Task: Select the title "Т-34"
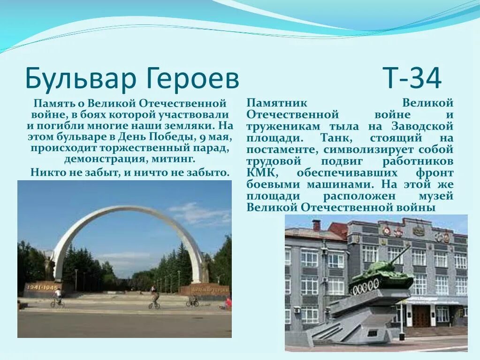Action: tap(412, 79)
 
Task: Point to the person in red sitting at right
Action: tap(228, 303)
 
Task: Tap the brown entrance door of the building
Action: tap(421, 315)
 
